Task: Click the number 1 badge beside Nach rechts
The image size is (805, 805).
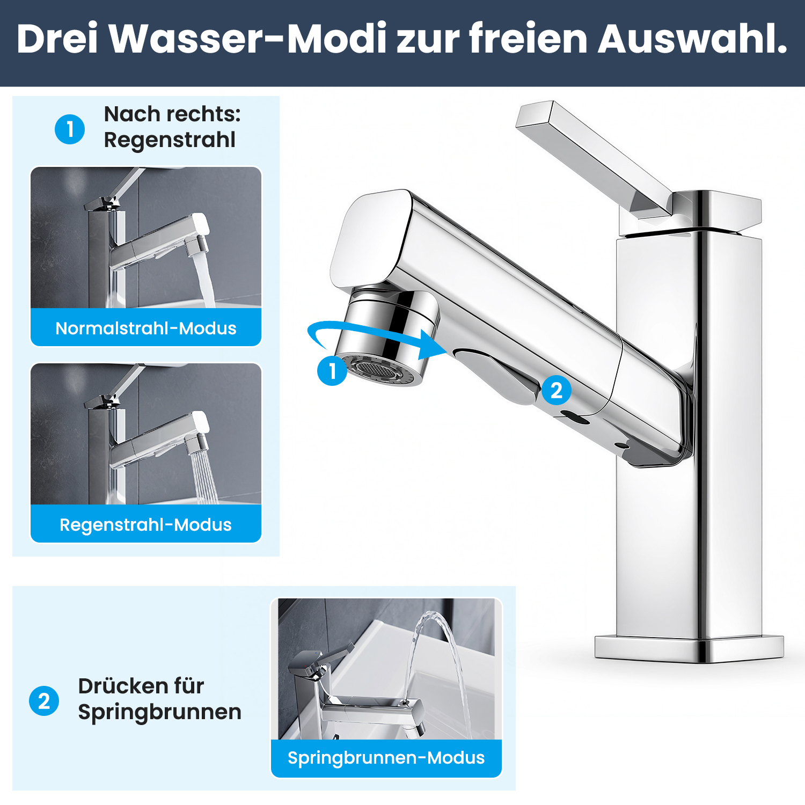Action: (70, 129)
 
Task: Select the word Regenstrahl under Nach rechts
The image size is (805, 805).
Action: (170, 140)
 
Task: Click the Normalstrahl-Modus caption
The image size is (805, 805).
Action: (146, 328)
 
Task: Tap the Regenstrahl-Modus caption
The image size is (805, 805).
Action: (146, 525)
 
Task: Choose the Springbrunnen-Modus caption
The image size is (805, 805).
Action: (386, 758)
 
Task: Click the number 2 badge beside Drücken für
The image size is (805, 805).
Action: (44, 701)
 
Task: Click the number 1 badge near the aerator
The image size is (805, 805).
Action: (332, 370)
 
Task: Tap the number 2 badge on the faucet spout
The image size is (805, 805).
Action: (557, 390)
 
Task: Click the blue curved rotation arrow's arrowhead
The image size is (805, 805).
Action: (433, 345)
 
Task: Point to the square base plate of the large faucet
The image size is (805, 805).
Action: (690, 648)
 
